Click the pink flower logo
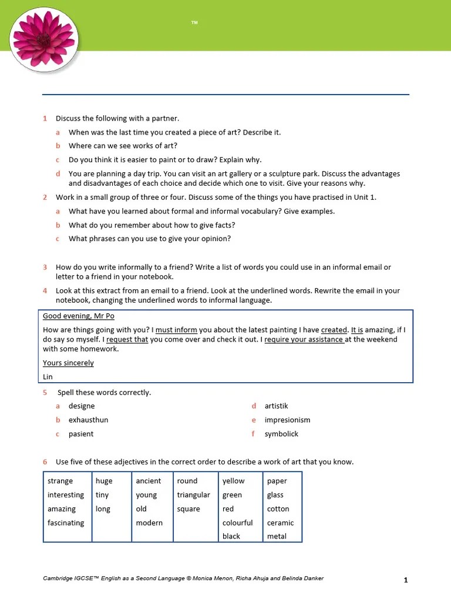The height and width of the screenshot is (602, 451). click(43, 40)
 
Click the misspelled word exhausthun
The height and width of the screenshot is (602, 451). click(88, 420)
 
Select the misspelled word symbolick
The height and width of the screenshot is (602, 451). click(281, 434)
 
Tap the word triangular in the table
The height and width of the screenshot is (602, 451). click(193, 495)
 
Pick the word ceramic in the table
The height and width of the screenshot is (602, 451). click(280, 523)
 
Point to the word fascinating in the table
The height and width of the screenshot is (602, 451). click(66, 523)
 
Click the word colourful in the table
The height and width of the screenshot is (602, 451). click(237, 523)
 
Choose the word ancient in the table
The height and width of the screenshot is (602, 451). click(148, 481)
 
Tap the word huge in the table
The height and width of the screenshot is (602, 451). click(104, 481)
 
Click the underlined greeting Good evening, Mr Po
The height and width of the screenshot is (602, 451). click(79, 316)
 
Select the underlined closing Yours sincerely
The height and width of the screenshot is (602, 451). click(68, 363)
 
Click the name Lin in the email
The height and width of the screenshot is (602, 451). click(48, 377)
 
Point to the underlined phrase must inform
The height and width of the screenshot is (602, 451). click(176, 330)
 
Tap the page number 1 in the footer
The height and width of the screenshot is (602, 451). click(405, 580)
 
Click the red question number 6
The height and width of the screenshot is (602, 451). click(45, 462)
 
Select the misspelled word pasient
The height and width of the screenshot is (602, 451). click(81, 434)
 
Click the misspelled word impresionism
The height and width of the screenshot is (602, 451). click(287, 420)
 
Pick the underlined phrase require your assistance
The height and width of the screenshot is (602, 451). click(304, 339)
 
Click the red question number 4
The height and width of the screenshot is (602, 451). click(45, 290)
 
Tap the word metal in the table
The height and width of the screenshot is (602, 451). click(277, 536)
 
